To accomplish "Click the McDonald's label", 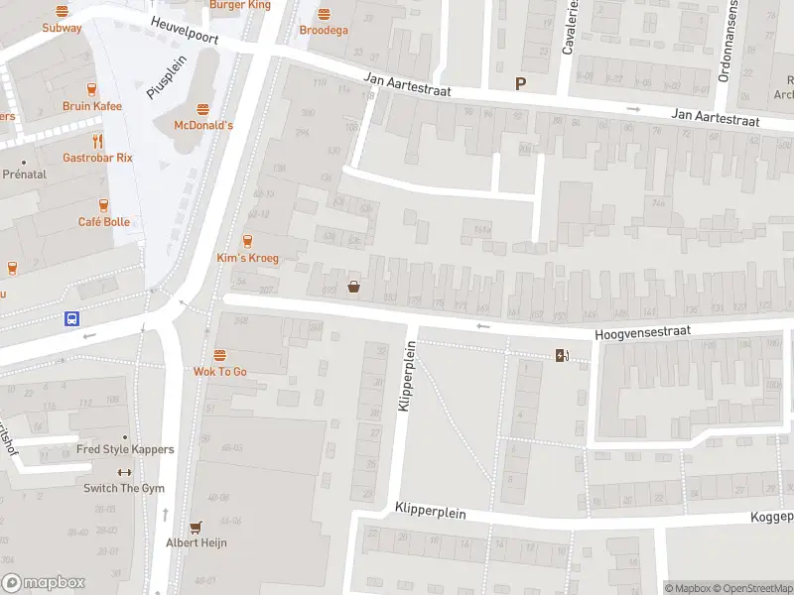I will click(x=203, y=125).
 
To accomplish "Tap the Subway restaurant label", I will click(x=62, y=28).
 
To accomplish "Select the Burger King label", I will click(x=239, y=5).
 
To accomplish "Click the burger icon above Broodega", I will click(x=324, y=14).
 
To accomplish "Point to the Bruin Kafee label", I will click(x=91, y=106).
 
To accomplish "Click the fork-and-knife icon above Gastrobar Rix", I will click(x=97, y=141).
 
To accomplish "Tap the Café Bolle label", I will click(x=104, y=221).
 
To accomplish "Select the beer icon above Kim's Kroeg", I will click(x=247, y=241).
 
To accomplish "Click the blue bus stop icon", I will click(x=72, y=318).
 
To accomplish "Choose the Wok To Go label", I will click(x=219, y=371).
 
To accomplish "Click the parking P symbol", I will click(x=519, y=84).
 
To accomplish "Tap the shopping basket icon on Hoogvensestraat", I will click(x=353, y=288).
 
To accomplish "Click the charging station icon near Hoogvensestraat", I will click(x=562, y=356).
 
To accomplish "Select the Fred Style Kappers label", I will click(x=125, y=449).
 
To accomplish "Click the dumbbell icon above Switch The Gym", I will click(x=124, y=472).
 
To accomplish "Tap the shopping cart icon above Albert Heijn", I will click(x=196, y=528).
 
